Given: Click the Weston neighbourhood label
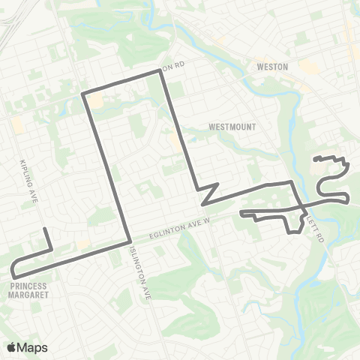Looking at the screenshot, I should point(272,67).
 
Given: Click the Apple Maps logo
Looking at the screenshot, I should point(27,347).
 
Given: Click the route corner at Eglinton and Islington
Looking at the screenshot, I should point(131,242).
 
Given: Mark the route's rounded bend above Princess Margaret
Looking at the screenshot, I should point(13,268).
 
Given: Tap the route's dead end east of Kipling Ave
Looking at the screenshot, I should point(45,228).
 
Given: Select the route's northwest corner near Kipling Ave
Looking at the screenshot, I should point(82,94).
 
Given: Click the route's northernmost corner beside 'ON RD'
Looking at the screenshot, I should point(161,72).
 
